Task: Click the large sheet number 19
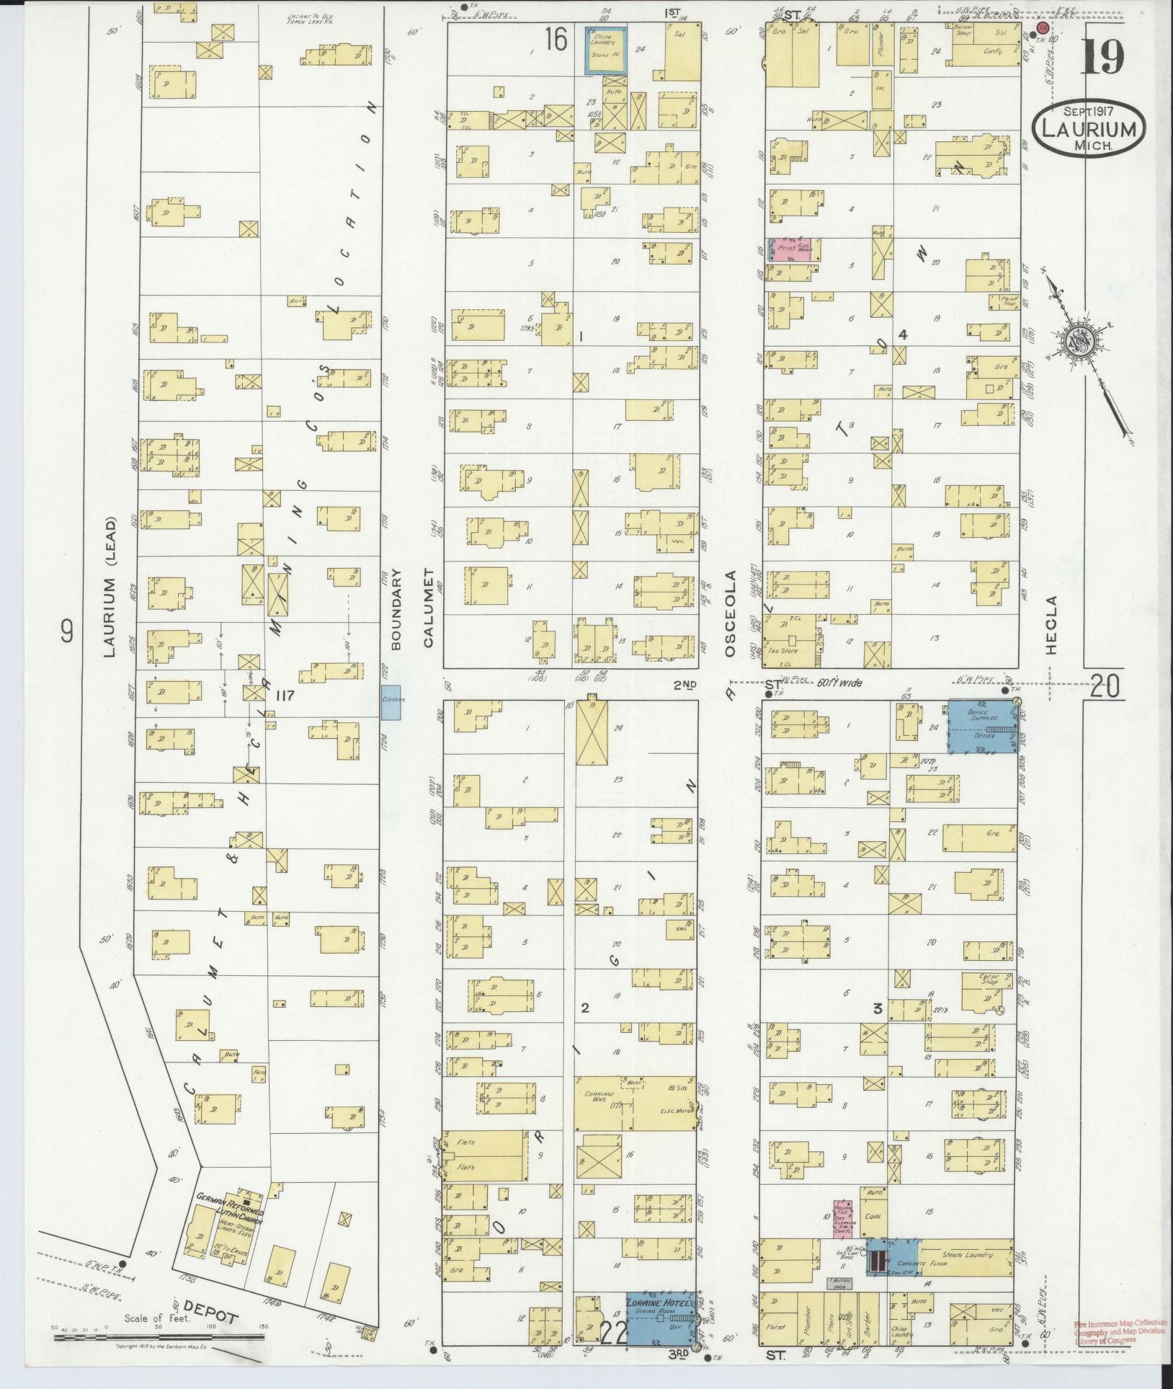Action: [x=1102, y=58]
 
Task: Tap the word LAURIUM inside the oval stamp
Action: [x=1088, y=130]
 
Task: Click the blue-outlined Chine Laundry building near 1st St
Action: [x=604, y=50]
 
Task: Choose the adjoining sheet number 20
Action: [x=1105, y=687]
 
